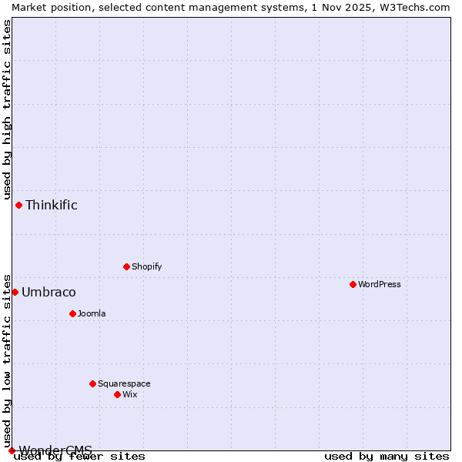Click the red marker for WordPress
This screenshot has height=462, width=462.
[353, 284]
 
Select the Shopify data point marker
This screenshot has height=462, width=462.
[126, 266]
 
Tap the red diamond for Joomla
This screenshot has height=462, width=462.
[72, 313]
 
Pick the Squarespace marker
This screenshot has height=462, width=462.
[92, 383]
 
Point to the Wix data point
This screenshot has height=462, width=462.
[117, 394]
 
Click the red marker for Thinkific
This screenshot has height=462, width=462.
[18, 205]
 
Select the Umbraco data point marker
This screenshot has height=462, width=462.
[15, 292]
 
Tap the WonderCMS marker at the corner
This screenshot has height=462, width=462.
[12, 450]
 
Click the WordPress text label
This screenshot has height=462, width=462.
[379, 284]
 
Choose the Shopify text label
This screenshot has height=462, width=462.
[146, 266]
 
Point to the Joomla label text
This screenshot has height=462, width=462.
[92, 313]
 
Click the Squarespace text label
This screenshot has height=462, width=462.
[124, 383]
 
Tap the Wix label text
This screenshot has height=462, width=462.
[129, 394]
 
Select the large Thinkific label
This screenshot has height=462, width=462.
[52, 205]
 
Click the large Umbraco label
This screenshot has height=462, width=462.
[49, 292]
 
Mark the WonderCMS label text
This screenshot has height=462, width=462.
[55, 450]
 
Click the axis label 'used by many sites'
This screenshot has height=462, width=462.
[387, 457]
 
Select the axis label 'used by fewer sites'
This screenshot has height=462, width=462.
[80, 457]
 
